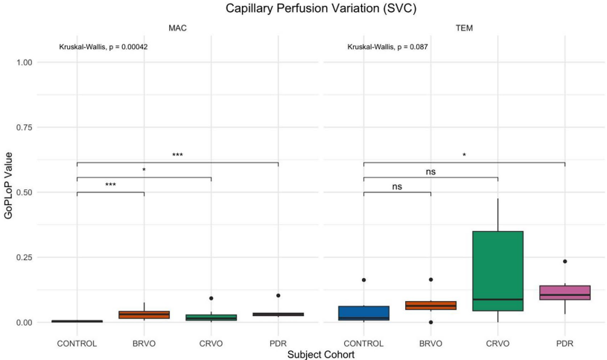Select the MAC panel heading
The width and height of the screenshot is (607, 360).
[x=177, y=28]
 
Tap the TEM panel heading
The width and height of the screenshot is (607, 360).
[x=464, y=28]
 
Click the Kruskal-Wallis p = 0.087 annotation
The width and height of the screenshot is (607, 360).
[x=387, y=47]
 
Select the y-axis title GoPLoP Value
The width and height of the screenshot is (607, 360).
[x=9, y=192]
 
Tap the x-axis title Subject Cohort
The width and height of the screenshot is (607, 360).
[x=320, y=355]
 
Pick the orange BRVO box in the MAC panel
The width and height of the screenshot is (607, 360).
[x=144, y=315]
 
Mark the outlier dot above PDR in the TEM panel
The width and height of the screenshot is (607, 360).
[x=565, y=262]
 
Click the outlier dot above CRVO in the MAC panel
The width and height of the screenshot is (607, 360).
[x=211, y=298]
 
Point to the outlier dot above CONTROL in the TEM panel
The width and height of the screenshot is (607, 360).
[x=363, y=280]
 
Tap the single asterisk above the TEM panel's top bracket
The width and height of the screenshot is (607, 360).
[x=464, y=156]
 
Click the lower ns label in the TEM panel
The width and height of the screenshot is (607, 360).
[x=397, y=187]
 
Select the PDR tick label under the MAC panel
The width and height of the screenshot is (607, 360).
[x=278, y=344]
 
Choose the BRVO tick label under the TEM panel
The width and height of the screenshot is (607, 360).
[x=430, y=344]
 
